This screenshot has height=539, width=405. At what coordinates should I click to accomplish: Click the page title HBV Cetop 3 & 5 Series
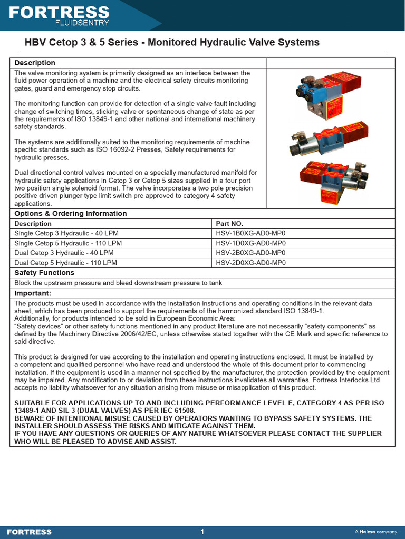172,43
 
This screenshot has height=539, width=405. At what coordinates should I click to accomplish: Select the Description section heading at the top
35,63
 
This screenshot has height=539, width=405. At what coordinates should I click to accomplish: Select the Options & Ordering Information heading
71,214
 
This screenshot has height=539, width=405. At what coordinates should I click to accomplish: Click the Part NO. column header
229,224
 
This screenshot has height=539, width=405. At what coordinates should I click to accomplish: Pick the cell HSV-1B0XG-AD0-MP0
250,233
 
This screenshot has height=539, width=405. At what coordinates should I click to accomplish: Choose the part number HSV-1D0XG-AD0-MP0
250,243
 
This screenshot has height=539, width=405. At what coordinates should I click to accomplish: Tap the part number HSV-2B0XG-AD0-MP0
250,253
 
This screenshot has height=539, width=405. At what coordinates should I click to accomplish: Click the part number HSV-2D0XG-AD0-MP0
250,263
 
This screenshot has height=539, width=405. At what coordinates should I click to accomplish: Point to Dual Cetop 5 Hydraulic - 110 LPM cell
65,263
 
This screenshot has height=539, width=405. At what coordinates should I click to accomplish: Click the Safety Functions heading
44,273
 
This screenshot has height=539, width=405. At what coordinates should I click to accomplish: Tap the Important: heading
33,293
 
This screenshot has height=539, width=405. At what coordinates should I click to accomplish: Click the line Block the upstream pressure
118,283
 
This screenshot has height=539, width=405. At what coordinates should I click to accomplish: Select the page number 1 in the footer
202,532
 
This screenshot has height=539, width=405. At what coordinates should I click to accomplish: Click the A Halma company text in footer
375,532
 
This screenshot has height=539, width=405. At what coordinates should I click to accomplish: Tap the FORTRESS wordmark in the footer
29,532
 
